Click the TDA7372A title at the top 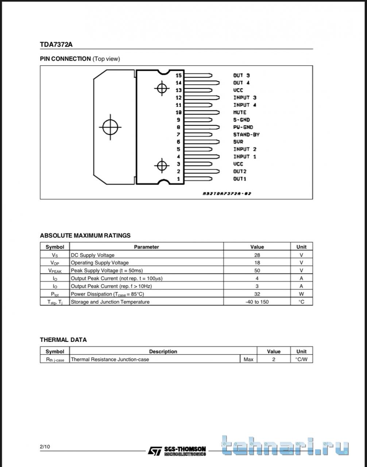point(56,45)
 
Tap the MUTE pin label point(240,112)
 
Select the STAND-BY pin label point(246,134)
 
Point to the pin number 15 point(178,75)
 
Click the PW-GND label point(243,127)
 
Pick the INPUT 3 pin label point(244,97)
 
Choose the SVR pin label point(238,142)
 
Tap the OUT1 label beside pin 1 point(240,179)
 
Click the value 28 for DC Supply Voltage point(257,255)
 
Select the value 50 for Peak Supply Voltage point(257,270)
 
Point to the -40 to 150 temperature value point(257,302)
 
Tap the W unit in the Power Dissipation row point(301,294)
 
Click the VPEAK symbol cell point(55,271)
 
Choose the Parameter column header point(146,247)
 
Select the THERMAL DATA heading point(63,340)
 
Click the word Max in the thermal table point(248,359)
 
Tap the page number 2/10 point(45,447)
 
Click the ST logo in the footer point(154,451)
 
